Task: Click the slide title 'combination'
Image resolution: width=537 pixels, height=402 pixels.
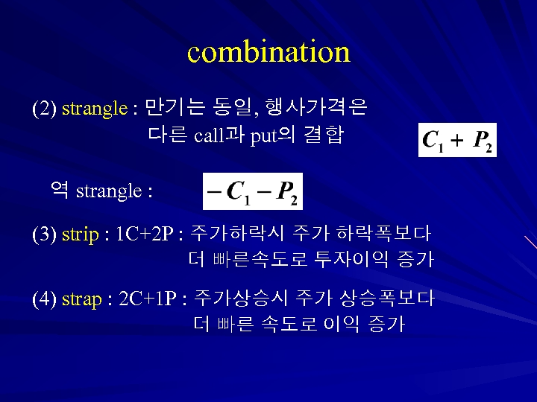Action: [268, 52]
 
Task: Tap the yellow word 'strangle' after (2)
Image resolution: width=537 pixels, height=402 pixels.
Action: [95, 109]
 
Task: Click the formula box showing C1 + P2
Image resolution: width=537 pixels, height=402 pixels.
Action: [457, 140]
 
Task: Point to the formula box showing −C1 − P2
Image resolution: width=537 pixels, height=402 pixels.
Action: [253, 191]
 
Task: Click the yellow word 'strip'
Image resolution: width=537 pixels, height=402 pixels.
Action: [80, 234]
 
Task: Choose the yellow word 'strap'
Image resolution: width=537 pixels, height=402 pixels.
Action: [81, 299]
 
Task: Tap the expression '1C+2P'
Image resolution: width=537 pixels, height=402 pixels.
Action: [145, 234]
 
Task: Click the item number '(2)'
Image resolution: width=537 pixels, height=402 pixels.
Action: [44, 109]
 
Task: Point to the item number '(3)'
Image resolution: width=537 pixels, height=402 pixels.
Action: [44, 234]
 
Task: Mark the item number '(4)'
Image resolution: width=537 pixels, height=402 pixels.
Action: [44, 299]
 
